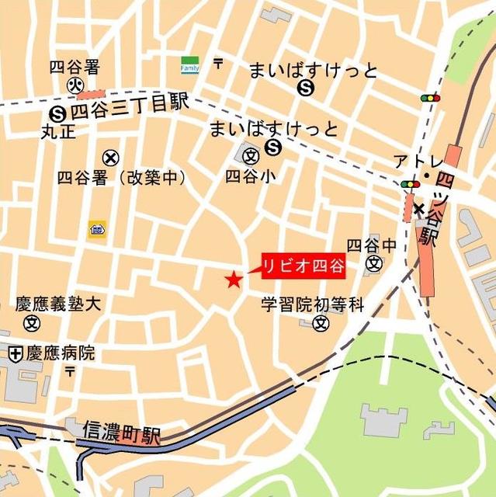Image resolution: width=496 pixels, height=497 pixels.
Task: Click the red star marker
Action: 233,280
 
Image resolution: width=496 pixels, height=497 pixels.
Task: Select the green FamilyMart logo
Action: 190,64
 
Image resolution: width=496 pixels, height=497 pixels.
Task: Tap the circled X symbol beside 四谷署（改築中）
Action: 111,158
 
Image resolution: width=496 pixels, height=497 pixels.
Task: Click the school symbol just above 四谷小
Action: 251,156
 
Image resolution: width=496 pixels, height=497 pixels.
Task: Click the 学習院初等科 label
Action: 312,305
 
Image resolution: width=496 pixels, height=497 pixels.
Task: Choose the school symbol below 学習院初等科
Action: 320,323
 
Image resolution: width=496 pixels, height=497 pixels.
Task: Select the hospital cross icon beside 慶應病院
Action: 15,354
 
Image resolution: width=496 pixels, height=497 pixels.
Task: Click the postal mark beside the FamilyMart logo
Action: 218,64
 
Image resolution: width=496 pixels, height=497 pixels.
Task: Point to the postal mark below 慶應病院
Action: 70,372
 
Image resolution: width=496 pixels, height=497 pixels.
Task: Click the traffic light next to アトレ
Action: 410,184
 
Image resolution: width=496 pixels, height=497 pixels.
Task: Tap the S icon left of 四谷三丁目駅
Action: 57,111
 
